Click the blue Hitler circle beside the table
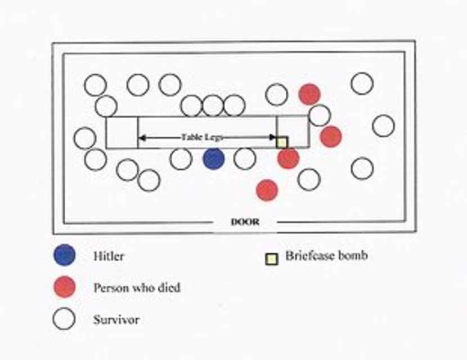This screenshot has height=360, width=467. [214, 159]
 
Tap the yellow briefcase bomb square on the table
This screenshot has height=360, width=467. [282, 142]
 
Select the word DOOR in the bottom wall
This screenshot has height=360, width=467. [245, 222]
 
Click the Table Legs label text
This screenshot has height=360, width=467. [202, 137]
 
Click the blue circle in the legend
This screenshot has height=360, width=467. [64, 255]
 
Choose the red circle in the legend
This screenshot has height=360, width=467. [64, 287]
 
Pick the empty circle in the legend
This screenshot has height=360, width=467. [64, 318]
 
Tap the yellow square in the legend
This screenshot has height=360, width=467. [272, 259]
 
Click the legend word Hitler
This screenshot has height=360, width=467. [109, 256]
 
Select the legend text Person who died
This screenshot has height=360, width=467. [137, 287]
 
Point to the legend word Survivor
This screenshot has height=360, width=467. [116, 320]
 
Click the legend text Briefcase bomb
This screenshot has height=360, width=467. [326, 255]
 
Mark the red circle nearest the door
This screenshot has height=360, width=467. [267, 190]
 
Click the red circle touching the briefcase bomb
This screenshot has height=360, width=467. [288, 158]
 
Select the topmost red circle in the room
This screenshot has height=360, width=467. [310, 94]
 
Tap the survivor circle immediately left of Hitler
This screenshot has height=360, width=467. [181, 159]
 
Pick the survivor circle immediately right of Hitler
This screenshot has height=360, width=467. [245, 159]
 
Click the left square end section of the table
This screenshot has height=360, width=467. [122, 132]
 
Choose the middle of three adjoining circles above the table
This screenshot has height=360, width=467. [213, 106]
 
